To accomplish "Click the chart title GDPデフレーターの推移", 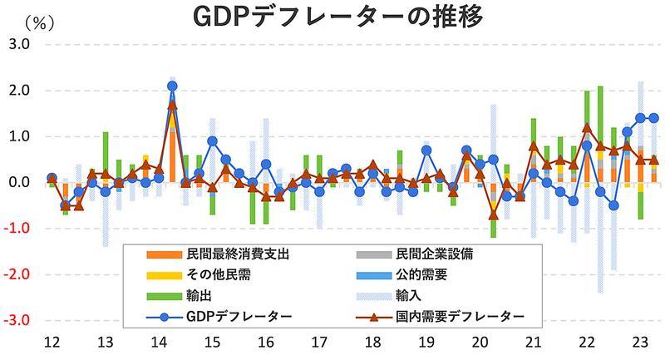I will coord(332,17).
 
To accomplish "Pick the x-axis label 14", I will coord(158,342).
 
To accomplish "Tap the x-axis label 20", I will coord(480,342).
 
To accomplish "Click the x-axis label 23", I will coord(641,342).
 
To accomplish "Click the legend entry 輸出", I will coord(188,294).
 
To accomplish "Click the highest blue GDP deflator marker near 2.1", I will coord(172,86).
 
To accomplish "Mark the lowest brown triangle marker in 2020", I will coord(493,215).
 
